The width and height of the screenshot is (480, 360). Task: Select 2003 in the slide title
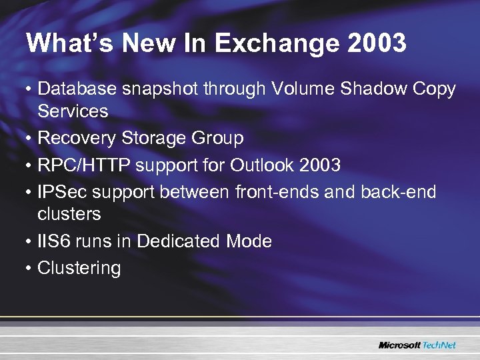(x=377, y=44)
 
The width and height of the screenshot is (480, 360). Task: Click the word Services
(x=73, y=111)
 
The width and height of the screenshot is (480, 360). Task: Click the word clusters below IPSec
(x=69, y=214)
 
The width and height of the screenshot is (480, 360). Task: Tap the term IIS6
(x=56, y=241)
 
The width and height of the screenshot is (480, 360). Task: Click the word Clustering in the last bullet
(x=79, y=269)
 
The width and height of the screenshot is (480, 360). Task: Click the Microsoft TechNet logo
(x=417, y=345)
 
